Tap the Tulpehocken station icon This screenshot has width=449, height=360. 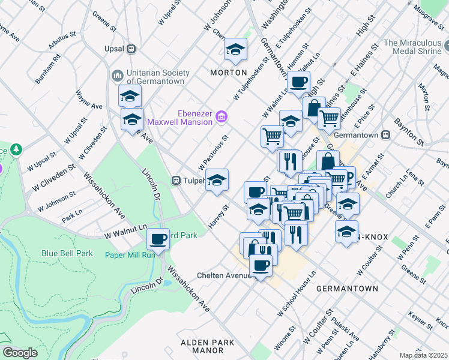tap(177, 180)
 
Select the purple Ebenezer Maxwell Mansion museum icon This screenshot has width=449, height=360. tap(221, 116)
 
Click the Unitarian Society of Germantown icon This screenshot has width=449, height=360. tap(117, 76)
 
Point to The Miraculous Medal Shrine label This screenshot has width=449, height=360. tap(415, 48)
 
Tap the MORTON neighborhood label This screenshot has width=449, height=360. tap(228, 73)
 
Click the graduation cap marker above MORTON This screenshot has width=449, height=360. tap(236, 50)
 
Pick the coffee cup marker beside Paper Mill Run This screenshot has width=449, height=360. tap(158, 239)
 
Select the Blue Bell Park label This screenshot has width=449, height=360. tap(67, 253)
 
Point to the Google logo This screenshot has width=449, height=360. tap(20, 353)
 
